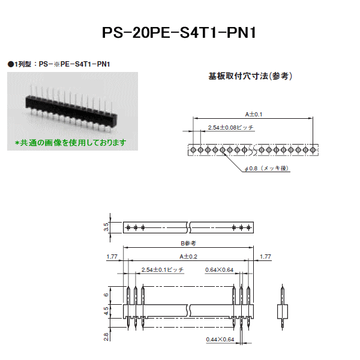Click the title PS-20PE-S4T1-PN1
(179, 32)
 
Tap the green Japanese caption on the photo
(70, 143)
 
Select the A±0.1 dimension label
(253, 115)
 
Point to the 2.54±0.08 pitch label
(230, 127)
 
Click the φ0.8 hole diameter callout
(266, 168)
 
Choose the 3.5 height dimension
(106, 227)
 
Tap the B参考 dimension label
(188, 244)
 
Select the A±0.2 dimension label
(188, 256)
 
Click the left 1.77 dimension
(112, 256)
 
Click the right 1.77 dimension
(265, 256)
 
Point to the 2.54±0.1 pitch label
(163, 269)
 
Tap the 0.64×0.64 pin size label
(219, 270)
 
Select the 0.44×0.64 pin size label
(220, 340)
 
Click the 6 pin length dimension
(106, 295)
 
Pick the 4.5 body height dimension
(106, 311)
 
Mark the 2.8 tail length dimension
(106, 337)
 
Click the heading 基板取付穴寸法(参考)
(250, 76)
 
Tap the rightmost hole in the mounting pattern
(313, 150)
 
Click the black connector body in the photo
(71, 110)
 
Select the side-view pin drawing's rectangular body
(283, 311)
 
